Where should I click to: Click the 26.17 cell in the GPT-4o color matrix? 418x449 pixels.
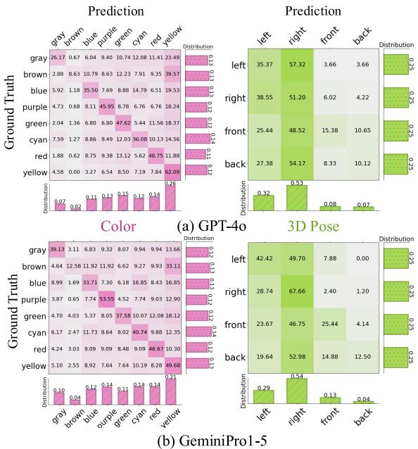pyautogui.click(x=57, y=57)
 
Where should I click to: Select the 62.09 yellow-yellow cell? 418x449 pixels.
pyautogui.click(x=175, y=170)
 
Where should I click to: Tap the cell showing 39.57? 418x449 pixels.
pyautogui.click(x=175, y=73)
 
